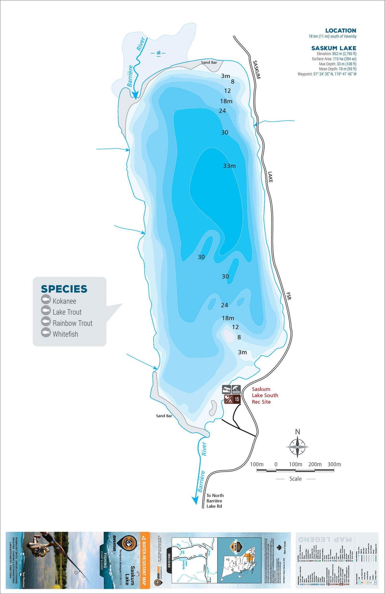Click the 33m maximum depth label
tap(229, 166)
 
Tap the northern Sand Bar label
tap(209, 63)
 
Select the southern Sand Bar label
tap(164, 416)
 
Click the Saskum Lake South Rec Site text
tap(265, 395)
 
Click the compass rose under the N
tap(297, 447)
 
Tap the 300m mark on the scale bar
tap(334, 464)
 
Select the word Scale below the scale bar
tap(295, 479)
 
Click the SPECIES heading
tap(64, 289)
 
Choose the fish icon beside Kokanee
tap(46, 300)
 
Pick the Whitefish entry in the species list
tap(65, 334)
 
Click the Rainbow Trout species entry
tap(72, 323)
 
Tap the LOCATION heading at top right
tap(341, 30)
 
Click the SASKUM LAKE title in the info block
tap(334, 48)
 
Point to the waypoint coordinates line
tap(327, 74)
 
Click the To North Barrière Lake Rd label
tap(215, 501)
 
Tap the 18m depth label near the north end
tap(226, 101)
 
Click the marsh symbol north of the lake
tap(159, 53)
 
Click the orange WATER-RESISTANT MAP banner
tap(145, 560)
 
